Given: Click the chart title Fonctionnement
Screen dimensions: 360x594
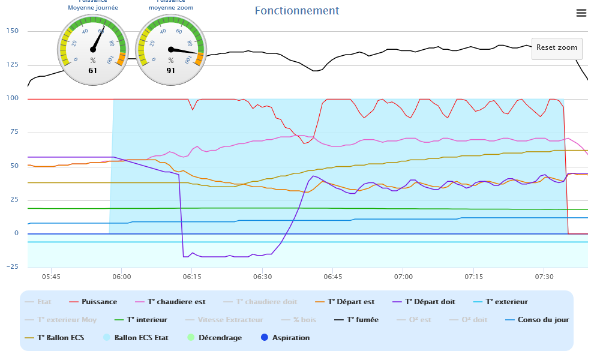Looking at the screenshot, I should click(296, 11).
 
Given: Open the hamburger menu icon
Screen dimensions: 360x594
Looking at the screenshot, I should click(581, 13).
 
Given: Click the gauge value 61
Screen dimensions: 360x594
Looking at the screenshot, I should click(92, 70).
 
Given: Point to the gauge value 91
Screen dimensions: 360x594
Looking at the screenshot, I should click(171, 70).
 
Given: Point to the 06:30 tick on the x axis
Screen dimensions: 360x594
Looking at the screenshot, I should click(262, 277).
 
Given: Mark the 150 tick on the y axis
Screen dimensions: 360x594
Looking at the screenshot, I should click(12, 31).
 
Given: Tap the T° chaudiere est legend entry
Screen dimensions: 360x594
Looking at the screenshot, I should click(180, 302).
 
